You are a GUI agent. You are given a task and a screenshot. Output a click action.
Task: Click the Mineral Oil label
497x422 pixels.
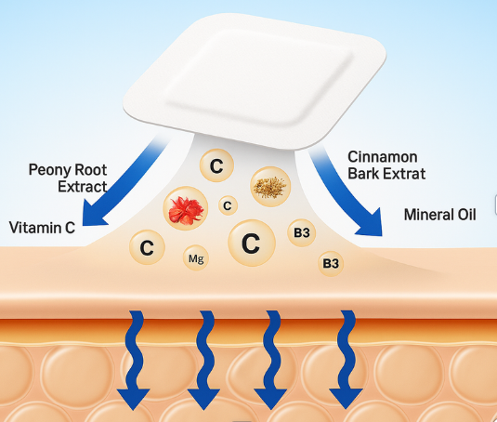click(x=439, y=215)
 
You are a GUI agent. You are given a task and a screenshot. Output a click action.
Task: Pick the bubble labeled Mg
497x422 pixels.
click(x=195, y=258)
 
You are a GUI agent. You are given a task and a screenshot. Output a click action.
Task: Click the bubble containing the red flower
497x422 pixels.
click(x=185, y=206)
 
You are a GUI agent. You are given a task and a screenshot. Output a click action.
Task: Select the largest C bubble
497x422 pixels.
click(x=250, y=244)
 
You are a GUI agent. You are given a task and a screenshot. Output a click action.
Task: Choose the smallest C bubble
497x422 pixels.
click(x=227, y=205)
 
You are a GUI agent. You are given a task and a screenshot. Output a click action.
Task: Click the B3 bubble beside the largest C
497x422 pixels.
click(x=302, y=231)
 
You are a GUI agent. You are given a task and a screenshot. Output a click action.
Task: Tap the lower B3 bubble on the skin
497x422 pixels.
click(x=331, y=264)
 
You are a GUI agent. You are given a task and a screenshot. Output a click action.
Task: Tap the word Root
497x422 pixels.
click(x=91, y=169)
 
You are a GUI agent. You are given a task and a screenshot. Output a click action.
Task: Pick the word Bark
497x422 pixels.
click(x=364, y=175)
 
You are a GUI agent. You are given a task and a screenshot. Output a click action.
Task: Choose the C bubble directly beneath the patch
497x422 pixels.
click(x=216, y=167)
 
